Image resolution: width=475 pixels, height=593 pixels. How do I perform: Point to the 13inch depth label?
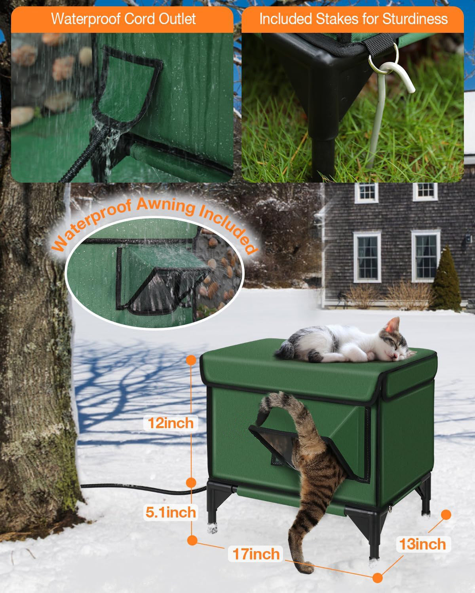pos(422,544)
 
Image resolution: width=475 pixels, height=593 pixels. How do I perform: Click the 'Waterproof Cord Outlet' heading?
pos(123,19)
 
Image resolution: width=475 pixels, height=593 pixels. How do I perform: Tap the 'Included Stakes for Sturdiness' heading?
pos(353,19)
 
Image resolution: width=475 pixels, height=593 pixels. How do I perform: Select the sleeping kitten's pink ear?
pos(392,325)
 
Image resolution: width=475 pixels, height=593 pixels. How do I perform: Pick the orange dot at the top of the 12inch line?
pos(191,360)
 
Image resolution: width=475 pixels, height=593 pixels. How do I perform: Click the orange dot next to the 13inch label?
pos(446,514)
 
